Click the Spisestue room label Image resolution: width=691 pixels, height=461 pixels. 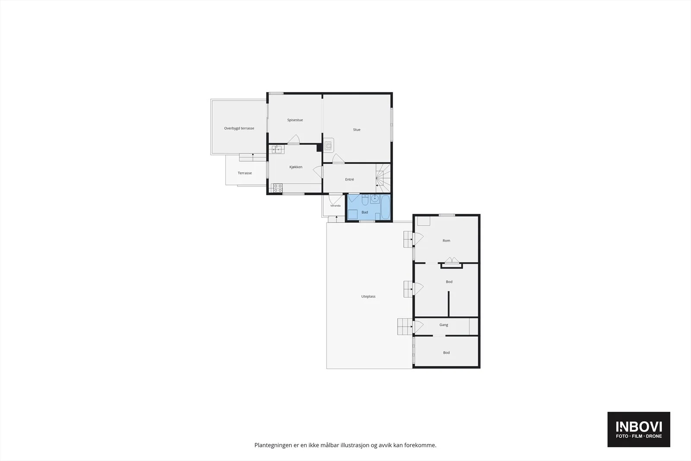point(295,120)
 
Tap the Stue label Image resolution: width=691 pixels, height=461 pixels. point(357,130)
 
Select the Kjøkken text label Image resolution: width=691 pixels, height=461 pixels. point(295,167)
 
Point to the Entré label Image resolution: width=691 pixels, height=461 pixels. point(349,179)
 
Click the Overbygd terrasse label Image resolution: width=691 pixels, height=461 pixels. point(239,128)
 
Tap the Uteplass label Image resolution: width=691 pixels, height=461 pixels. point(368,296)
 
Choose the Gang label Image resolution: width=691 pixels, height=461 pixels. point(444,324)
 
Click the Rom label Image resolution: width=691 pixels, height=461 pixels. point(446,241)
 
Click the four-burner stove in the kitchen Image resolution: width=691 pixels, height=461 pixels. point(278,188)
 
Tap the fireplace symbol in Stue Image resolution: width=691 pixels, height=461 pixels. point(329,145)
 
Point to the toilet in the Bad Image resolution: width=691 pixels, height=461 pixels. point(365,200)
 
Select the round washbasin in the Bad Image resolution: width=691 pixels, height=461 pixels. point(375,199)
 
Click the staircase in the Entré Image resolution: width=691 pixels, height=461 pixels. point(383,178)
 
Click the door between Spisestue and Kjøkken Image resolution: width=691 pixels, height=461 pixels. point(294,139)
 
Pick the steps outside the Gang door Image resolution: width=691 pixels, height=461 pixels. point(405,327)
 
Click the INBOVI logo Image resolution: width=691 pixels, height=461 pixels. point(639,429)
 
